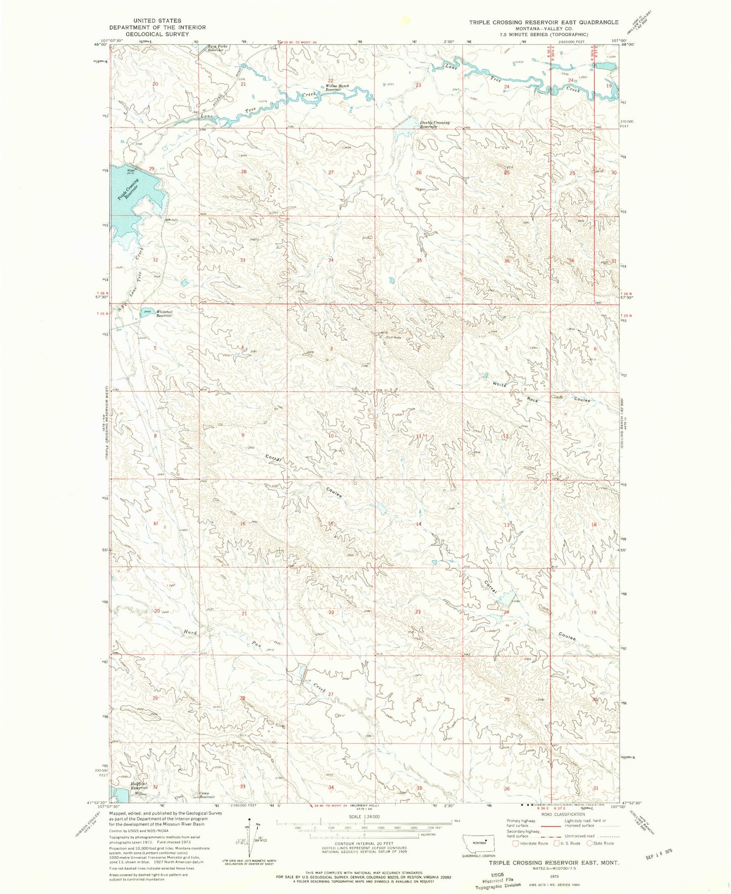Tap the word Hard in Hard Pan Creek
click(x=190, y=632)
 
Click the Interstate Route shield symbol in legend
click(x=515, y=843)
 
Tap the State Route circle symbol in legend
click(x=590, y=843)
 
